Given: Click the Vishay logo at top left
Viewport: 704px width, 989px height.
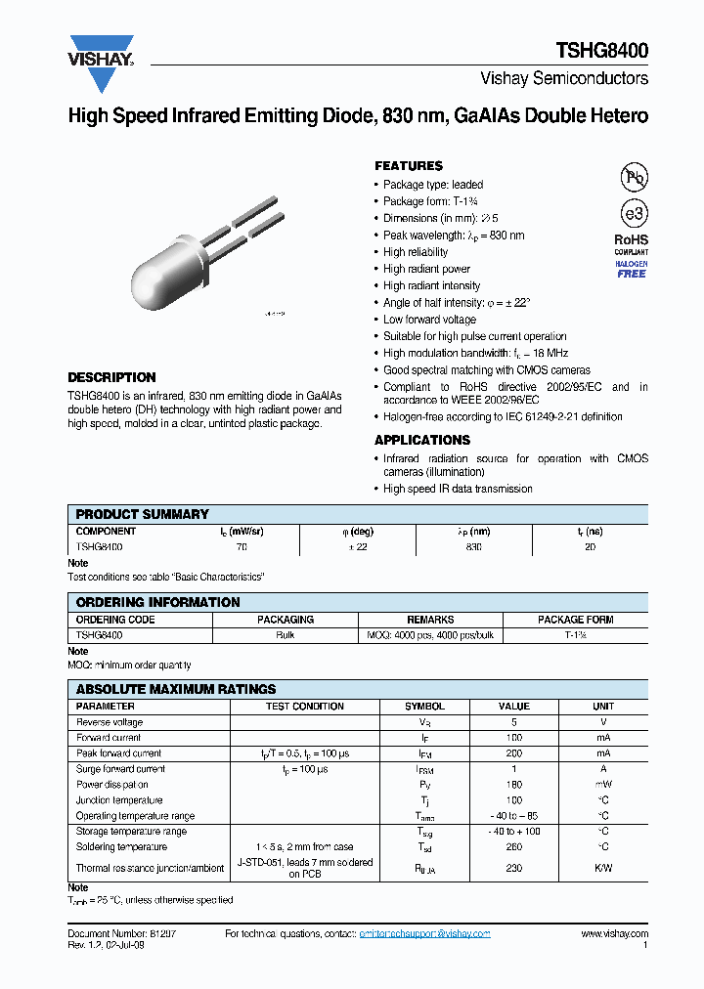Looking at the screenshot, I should (101, 53).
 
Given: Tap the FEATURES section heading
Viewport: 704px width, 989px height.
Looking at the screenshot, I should (409, 166).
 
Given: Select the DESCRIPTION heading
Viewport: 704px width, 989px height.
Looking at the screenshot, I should (111, 377).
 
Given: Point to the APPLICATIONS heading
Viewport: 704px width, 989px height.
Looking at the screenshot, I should (422, 441).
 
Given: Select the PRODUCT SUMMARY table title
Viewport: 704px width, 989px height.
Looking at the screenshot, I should (142, 514).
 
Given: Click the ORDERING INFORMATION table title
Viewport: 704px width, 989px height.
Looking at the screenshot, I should (157, 602).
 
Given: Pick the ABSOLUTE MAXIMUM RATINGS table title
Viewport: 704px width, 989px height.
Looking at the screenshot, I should (176, 689).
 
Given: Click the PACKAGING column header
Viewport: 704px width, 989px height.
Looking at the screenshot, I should (286, 620).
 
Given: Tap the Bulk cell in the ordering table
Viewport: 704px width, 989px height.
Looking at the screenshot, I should (286, 635).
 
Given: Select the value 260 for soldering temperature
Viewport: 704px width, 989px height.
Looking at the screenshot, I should (514, 847).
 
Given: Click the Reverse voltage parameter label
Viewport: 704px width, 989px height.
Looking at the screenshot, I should (110, 722).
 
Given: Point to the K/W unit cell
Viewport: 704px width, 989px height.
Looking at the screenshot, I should (603, 868).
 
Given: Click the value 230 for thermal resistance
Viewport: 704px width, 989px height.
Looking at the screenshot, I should (514, 868).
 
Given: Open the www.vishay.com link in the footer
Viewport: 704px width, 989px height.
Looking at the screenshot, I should (614, 934).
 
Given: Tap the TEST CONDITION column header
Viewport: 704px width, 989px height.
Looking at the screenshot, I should (305, 706).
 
